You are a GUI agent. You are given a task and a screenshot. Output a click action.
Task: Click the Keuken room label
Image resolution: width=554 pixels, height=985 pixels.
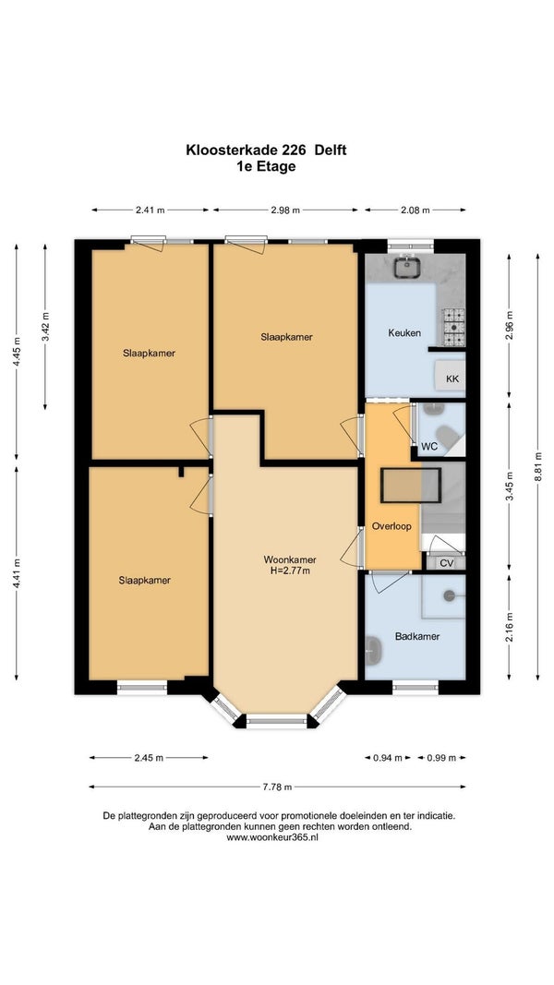coord(403,333)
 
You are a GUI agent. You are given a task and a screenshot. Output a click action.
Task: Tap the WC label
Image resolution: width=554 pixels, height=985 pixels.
coord(429,447)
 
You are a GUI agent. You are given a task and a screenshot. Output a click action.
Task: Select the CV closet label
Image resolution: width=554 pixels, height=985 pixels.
coord(446,563)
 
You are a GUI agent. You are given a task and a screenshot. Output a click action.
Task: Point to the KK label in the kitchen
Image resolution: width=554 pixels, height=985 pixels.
coord(452,378)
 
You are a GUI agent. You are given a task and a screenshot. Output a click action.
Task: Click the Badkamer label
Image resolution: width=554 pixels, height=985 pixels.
coord(417,636)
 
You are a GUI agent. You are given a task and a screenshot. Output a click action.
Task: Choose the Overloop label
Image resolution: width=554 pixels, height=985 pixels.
coord(391,526)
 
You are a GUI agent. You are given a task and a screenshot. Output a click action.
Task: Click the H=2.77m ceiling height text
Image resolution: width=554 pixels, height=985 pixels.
coord(290,571)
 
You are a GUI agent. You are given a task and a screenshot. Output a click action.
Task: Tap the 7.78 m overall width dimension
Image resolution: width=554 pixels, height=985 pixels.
coord(277,787)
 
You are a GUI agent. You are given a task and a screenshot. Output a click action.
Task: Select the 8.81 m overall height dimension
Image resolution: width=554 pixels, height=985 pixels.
coord(537,466)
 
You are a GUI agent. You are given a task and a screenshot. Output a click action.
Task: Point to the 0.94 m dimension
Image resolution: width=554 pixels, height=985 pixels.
coord(388,758)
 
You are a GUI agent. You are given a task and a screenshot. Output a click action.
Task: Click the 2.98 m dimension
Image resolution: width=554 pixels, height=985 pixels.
coord(285,210)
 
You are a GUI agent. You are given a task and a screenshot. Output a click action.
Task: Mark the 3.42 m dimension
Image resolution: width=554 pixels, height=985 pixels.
coord(45,327)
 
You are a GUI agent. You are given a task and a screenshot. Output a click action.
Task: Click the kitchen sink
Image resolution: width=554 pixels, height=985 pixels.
coord(408,267)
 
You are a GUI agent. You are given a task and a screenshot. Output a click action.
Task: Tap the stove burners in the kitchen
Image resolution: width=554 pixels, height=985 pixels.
coord(453,328)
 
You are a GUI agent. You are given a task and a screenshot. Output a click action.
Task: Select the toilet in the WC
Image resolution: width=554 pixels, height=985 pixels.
coord(447,436)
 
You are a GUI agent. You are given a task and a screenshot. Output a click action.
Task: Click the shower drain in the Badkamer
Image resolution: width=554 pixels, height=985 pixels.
coord(450,595)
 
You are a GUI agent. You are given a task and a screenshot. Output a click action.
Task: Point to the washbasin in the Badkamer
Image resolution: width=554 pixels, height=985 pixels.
coord(373,650)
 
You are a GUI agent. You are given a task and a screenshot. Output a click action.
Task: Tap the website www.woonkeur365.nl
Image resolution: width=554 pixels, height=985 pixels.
coord(272,837)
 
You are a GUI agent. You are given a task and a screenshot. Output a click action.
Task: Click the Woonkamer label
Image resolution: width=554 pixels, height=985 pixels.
coord(290,559)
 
